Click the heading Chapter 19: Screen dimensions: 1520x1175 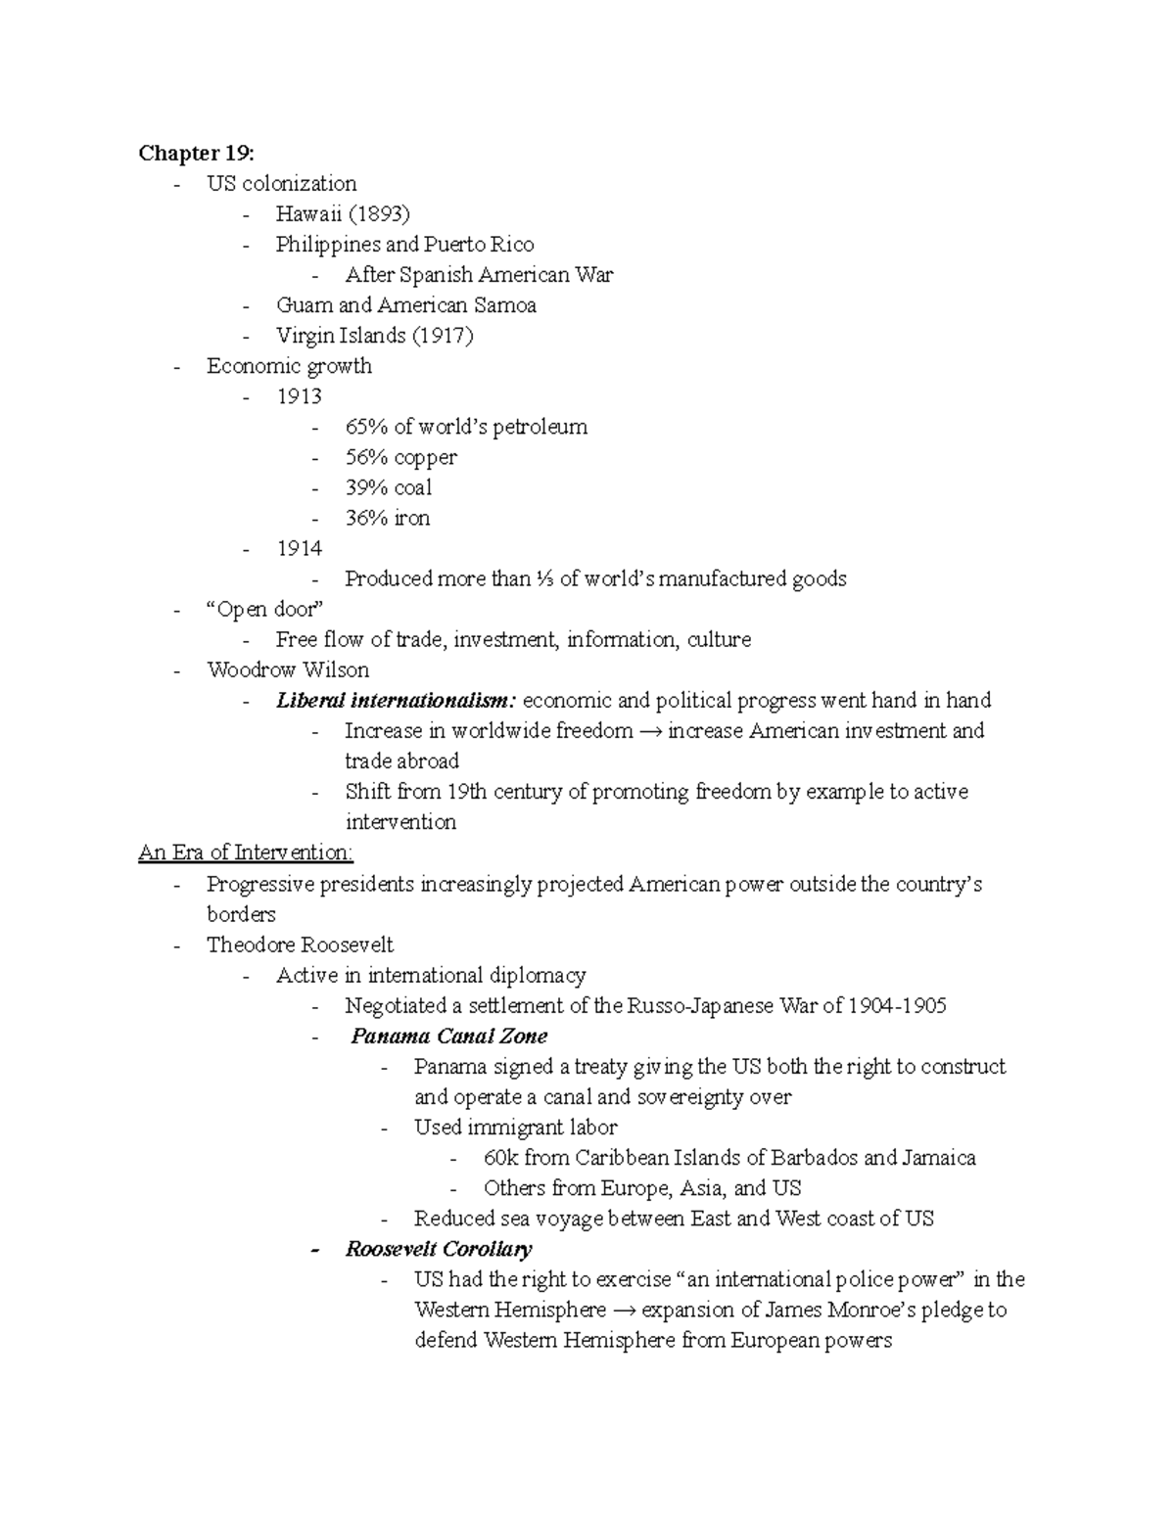point(196,153)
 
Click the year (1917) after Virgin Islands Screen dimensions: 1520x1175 point(442,335)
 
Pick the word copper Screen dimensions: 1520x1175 point(425,457)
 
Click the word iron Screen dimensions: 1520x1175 point(411,518)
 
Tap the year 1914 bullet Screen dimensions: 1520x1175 point(299,548)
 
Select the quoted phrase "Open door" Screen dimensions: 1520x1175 point(264,609)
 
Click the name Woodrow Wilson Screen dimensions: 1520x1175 point(288,669)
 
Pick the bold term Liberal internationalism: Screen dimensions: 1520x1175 point(396,700)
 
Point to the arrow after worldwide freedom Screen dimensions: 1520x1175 point(650,731)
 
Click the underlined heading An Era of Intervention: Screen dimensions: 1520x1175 point(246,852)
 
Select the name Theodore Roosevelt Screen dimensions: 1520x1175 point(300,944)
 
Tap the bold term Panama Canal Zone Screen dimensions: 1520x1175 point(448,1036)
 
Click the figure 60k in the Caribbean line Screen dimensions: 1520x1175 point(500,1158)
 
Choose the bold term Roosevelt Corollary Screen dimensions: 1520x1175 point(439,1249)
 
